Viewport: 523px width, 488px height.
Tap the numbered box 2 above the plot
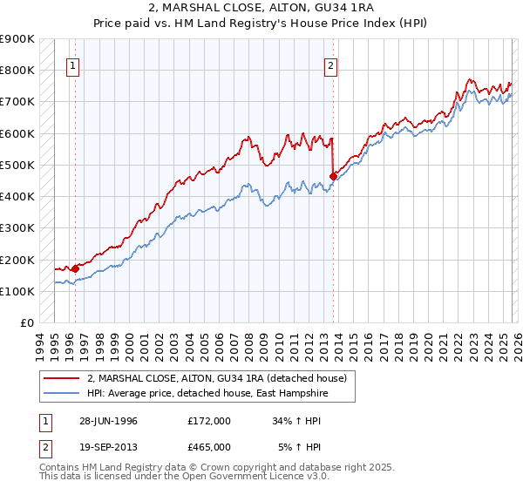point(331,64)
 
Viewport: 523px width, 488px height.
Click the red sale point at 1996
point(75,268)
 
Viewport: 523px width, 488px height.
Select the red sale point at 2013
point(333,176)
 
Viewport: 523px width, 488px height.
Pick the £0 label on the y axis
point(26,323)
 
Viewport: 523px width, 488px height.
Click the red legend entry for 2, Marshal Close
point(216,378)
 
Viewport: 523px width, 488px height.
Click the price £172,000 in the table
point(208,421)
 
